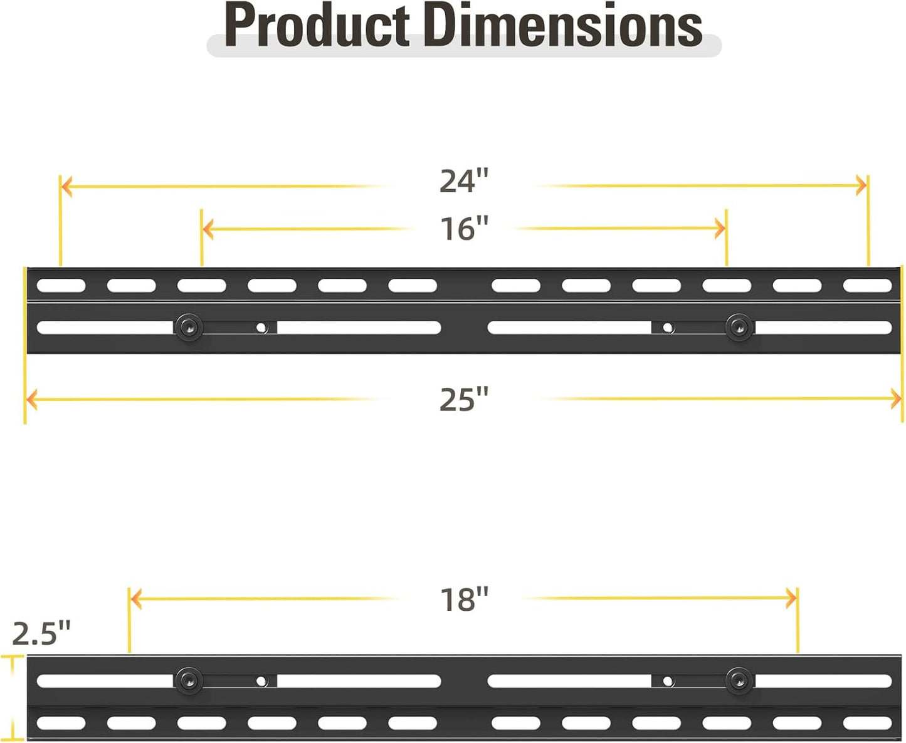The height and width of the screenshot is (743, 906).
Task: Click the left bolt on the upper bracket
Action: (189, 327)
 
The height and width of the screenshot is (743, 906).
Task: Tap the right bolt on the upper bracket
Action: (739, 327)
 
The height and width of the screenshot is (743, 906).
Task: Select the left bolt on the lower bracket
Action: (189, 681)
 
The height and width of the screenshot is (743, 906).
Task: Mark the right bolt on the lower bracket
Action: (739, 681)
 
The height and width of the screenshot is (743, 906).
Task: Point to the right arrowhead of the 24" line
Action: (861, 185)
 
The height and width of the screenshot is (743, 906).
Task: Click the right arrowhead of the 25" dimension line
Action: (896, 399)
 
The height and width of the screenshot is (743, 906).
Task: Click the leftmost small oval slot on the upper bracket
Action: (61, 286)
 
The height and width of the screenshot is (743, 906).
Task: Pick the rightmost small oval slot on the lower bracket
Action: (867, 724)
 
